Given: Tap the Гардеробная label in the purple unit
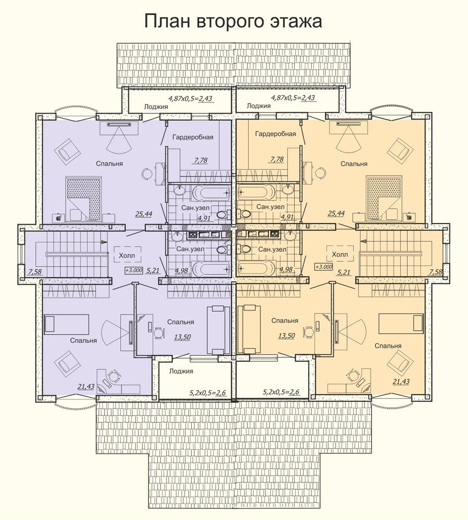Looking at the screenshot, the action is pos(193,137).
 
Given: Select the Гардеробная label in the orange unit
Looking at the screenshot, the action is pos(275,134).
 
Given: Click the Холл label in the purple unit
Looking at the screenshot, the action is pos(127,256).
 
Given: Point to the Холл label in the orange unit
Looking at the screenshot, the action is pos(340,254).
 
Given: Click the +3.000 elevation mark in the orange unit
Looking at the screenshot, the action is pos(324,267).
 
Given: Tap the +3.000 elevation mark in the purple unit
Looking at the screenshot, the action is pos(134,270).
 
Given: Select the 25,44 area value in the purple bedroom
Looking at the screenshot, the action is pos(143,214).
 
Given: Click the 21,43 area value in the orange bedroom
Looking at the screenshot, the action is pos(401,382).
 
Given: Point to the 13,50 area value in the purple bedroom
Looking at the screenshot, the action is pos(182,337).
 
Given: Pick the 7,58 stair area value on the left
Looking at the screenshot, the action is pos(35,272).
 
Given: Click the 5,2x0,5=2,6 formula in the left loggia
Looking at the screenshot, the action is pos(207,393).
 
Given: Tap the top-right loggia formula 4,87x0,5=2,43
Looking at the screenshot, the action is pos(293,98).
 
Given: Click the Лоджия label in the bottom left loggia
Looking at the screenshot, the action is pos(181,371).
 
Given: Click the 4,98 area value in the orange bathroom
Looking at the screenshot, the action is pos(286,269).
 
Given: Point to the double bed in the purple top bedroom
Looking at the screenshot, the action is pos(84,199).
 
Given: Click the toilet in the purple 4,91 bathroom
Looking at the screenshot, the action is pos(223,214).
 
